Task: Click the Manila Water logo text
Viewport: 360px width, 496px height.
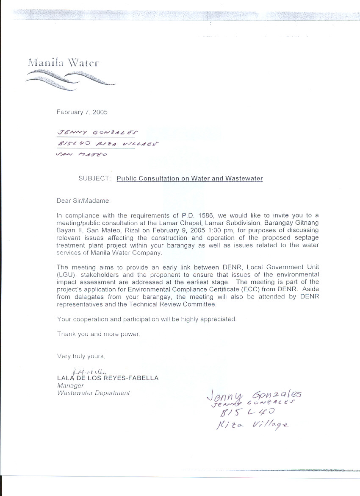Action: point(63,63)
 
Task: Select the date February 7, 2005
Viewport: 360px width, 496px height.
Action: point(82,112)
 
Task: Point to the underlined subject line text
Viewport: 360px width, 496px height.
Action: point(189,178)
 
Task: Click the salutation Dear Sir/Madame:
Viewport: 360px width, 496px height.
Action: point(83,201)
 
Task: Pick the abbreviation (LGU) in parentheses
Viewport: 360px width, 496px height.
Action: point(65,275)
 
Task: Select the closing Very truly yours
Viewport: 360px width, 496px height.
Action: point(81,356)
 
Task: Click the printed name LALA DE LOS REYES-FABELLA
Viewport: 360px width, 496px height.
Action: point(108,378)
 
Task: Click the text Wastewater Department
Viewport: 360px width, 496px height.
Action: point(93,393)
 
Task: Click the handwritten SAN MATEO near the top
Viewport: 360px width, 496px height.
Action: point(81,154)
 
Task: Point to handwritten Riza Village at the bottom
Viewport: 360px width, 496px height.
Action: point(252,424)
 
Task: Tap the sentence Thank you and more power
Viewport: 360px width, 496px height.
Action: point(98,334)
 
